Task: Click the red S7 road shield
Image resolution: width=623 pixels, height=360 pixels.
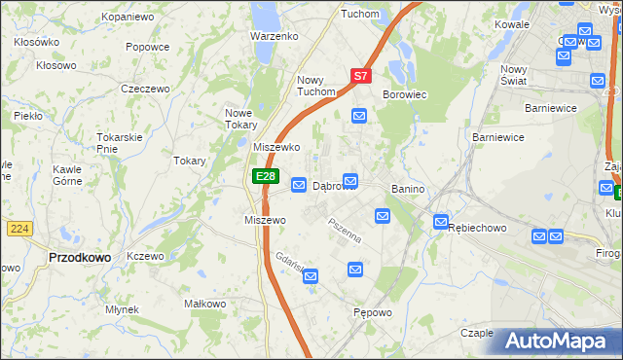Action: [360, 75]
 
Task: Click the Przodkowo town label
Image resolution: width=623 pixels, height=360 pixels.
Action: [79, 257]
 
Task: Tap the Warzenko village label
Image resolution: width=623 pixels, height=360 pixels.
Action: [274, 36]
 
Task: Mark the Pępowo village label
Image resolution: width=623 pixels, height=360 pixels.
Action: [373, 313]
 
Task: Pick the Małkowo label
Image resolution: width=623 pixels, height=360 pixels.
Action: [205, 305]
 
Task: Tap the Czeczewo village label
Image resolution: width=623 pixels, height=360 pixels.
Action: [145, 89]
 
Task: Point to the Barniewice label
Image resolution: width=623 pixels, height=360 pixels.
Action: [499, 138]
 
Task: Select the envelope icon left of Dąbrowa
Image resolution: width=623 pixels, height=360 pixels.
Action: [300, 185]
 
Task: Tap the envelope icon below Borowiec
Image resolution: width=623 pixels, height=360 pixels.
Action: [359, 117]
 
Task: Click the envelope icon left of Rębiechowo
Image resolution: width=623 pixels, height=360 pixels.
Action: [440, 222]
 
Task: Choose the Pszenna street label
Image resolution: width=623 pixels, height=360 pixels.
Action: [344, 232]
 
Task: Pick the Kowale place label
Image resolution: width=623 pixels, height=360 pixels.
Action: [511, 23]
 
